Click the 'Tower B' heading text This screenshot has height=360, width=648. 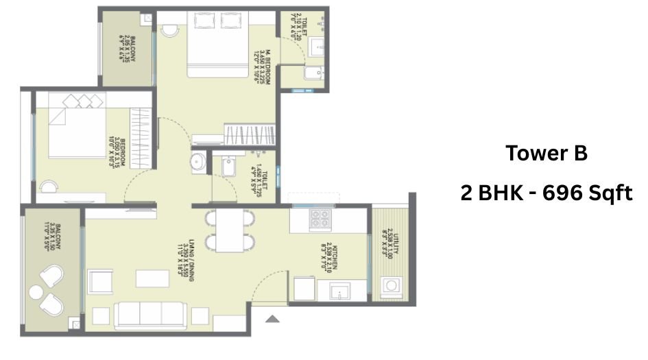tap(546, 154)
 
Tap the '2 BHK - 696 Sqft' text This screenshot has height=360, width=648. tap(546, 193)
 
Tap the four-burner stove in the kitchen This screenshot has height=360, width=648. tap(320, 219)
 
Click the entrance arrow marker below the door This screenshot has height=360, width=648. tap(272, 318)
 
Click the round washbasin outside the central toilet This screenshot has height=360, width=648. tap(197, 163)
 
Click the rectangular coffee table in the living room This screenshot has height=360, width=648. tap(152, 278)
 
